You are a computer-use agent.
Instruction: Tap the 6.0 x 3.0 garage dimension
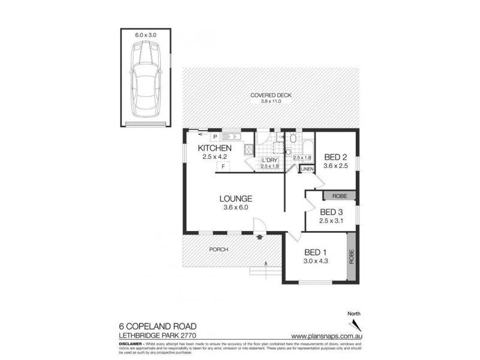tap(146, 35)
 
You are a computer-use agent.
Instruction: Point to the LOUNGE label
tap(235, 199)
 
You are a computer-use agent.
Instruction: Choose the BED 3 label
tap(331, 212)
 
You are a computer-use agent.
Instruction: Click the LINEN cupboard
tap(307, 170)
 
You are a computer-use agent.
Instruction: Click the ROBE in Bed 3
tap(340, 196)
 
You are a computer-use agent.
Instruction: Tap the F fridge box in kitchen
tap(223, 166)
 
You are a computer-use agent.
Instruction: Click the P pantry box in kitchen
tap(197, 137)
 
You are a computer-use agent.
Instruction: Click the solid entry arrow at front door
tap(259, 237)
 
